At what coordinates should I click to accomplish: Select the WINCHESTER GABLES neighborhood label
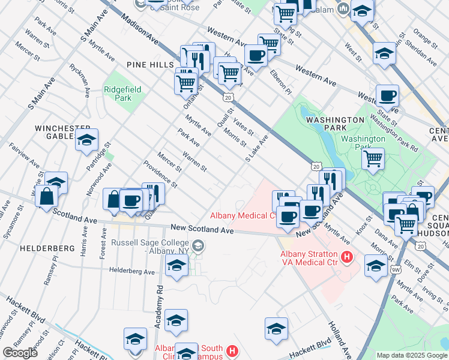click(62, 132)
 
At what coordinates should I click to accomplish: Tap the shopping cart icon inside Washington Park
click(373, 159)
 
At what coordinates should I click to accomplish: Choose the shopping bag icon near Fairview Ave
click(46, 196)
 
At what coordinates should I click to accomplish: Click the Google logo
click(20, 353)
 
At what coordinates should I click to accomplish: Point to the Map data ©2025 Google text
click(412, 355)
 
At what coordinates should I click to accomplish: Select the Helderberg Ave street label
click(132, 271)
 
